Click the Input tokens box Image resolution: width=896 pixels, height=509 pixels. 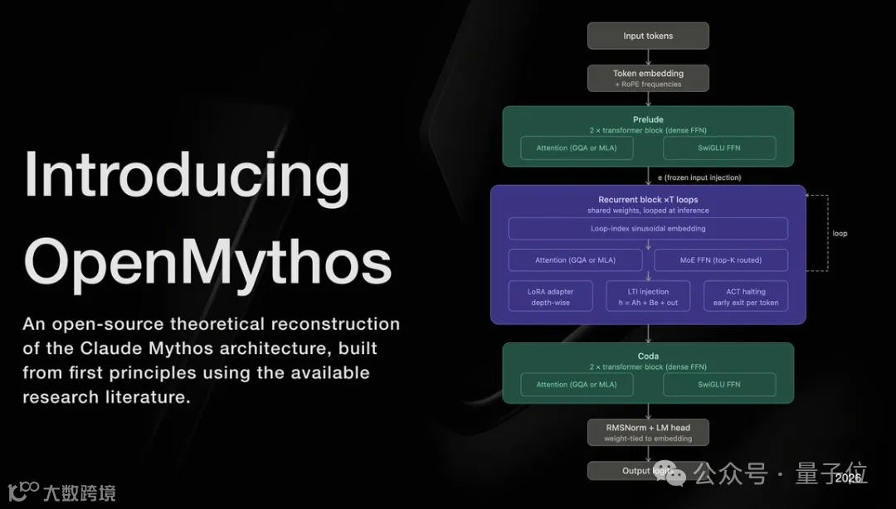pyautogui.click(x=648, y=36)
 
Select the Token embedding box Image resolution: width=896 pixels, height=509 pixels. pyautogui.click(x=648, y=78)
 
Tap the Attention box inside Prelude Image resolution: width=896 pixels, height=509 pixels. pyautogui.click(x=576, y=148)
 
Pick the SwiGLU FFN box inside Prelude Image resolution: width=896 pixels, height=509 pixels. pyautogui.click(x=719, y=148)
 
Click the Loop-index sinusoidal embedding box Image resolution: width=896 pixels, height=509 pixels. pyautogui.click(x=648, y=229)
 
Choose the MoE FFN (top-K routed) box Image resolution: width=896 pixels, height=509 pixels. pyautogui.click(x=720, y=260)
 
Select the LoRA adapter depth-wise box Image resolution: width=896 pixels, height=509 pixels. pyautogui.click(x=552, y=297)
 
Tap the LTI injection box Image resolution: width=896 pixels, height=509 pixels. pyautogui.click(x=648, y=297)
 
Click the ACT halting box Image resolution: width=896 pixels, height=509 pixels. pyautogui.click(x=745, y=297)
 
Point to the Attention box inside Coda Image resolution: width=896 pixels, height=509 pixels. pyautogui.click(x=576, y=385)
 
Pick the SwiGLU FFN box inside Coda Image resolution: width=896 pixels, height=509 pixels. pyautogui.click(x=719, y=385)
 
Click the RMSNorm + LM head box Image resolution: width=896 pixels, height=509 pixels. pyautogui.click(x=648, y=432)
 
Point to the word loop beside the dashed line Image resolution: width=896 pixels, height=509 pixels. pyautogui.click(x=840, y=234)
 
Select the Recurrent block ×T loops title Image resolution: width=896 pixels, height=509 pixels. pyautogui.click(x=648, y=200)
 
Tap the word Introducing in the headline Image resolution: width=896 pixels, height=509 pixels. pyautogui.click(x=187, y=176)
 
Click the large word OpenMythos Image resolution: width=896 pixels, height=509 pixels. pyautogui.click(x=207, y=261)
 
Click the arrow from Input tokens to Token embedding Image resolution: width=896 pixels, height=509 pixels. pyautogui.click(x=648, y=56)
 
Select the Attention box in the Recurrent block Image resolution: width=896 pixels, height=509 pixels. pyautogui.click(x=576, y=260)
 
